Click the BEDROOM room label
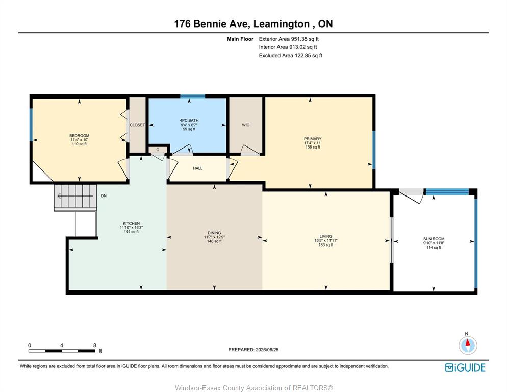point(79,136)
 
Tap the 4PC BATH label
point(189,120)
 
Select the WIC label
point(246,125)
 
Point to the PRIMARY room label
point(313,138)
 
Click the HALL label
point(198,168)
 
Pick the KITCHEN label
point(131,223)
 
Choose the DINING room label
point(214,233)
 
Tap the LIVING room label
point(326,236)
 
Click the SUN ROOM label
point(434,239)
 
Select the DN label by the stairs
point(104,196)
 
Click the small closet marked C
point(158,150)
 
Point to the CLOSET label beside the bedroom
point(137,125)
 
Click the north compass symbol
point(468,345)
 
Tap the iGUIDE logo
point(465,367)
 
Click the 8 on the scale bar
point(95,345)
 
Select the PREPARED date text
point(253,350)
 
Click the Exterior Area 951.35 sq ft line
point(289,39)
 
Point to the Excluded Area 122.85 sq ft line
point(290,55)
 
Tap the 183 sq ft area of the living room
point(326,244)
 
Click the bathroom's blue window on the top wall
point(193,96)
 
